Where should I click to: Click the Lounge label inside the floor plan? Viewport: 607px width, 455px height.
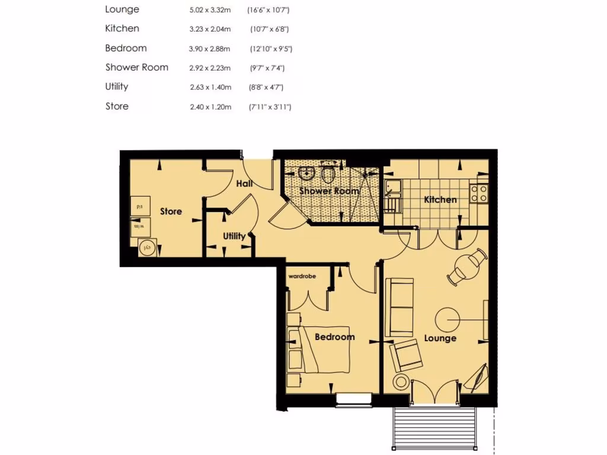click(x=440, y=338)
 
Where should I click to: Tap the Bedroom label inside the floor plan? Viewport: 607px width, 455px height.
click(x=334, y=337)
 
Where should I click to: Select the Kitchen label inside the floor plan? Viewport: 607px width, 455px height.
click(x=440, y=200)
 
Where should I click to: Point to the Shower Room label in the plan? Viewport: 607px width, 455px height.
click(x=329, y=191)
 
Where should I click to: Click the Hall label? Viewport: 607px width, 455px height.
click(x=244, y=184)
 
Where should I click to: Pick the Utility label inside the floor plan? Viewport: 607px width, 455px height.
click(x=234, y=236)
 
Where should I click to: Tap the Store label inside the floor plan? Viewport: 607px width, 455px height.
click(x=171, y=212)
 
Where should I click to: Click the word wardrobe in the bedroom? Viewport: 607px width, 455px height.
click(x=302, y=276)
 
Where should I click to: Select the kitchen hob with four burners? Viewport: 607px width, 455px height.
click(x=478, y=193)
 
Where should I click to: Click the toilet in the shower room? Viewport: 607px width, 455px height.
click(x=328, y=174)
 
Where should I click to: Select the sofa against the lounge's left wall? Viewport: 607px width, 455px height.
click(x=399, y=307)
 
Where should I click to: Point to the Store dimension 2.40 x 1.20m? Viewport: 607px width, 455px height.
click(x=210, y=107)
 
